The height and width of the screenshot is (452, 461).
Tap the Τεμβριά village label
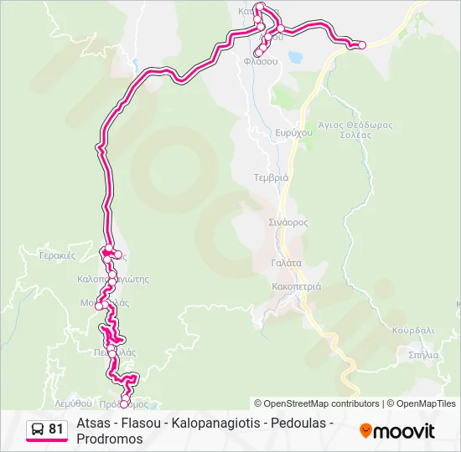(x=271, y=177)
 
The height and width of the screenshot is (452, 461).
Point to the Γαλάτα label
(x=286, y=262)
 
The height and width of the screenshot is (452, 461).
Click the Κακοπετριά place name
(x=293, y=285)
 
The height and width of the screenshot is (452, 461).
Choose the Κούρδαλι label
(x=413, y=330)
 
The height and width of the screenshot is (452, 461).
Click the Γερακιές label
(x=58, y=254)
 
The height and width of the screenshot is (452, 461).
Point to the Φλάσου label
(x=260, y=61)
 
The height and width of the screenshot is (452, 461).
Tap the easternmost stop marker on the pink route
(x=362, y=45)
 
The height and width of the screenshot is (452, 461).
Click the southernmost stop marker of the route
(x=124, y=405)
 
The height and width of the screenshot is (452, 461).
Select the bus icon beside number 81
(x=38, y=429)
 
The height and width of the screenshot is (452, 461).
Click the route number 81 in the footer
(x=56, y=429)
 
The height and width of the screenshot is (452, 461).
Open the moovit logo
(x=397, y=431)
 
